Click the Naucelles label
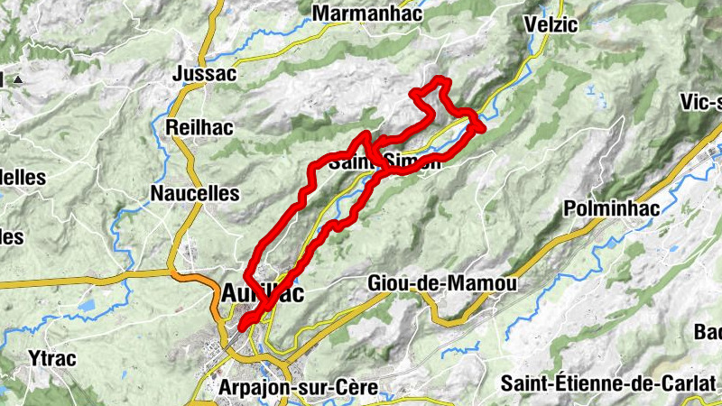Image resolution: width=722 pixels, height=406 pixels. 195,193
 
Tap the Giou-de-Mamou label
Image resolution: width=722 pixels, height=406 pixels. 442,283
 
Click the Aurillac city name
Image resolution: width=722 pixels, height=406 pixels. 263,293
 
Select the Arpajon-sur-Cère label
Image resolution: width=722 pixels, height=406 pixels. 300,388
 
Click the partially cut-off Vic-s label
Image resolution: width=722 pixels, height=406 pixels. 702,101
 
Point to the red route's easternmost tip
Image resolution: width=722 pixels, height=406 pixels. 482,126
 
